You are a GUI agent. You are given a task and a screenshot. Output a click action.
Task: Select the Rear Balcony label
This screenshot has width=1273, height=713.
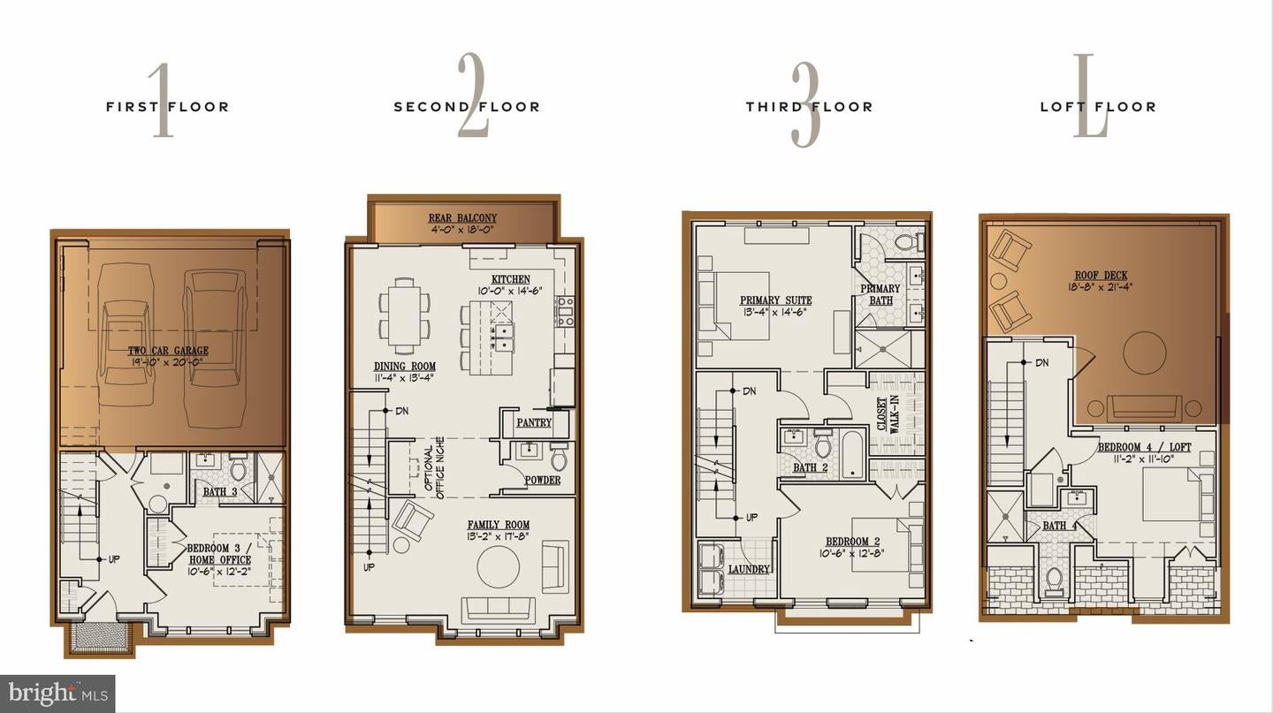(462, 218)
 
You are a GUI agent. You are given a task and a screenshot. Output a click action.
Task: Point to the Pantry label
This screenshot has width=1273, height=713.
(534, 423)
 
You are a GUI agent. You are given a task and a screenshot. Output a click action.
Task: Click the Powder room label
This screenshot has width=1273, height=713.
(542, 481)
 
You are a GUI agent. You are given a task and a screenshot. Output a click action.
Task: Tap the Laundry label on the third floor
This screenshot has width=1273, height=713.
(748, 570)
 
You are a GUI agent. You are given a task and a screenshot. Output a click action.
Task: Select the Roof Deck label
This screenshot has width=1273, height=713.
(1101, 276)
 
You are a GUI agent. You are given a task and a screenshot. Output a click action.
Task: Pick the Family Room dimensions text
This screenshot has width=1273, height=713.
(499, 537)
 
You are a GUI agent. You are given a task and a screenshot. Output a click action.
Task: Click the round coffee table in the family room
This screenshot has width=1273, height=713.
(499, 567)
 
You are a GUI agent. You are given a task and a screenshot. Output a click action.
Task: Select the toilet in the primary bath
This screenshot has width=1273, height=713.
(907, 240)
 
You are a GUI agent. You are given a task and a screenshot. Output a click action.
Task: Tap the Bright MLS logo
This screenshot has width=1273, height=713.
(57, 694)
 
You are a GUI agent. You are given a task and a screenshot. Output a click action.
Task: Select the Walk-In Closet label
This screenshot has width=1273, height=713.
(888, 413)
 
